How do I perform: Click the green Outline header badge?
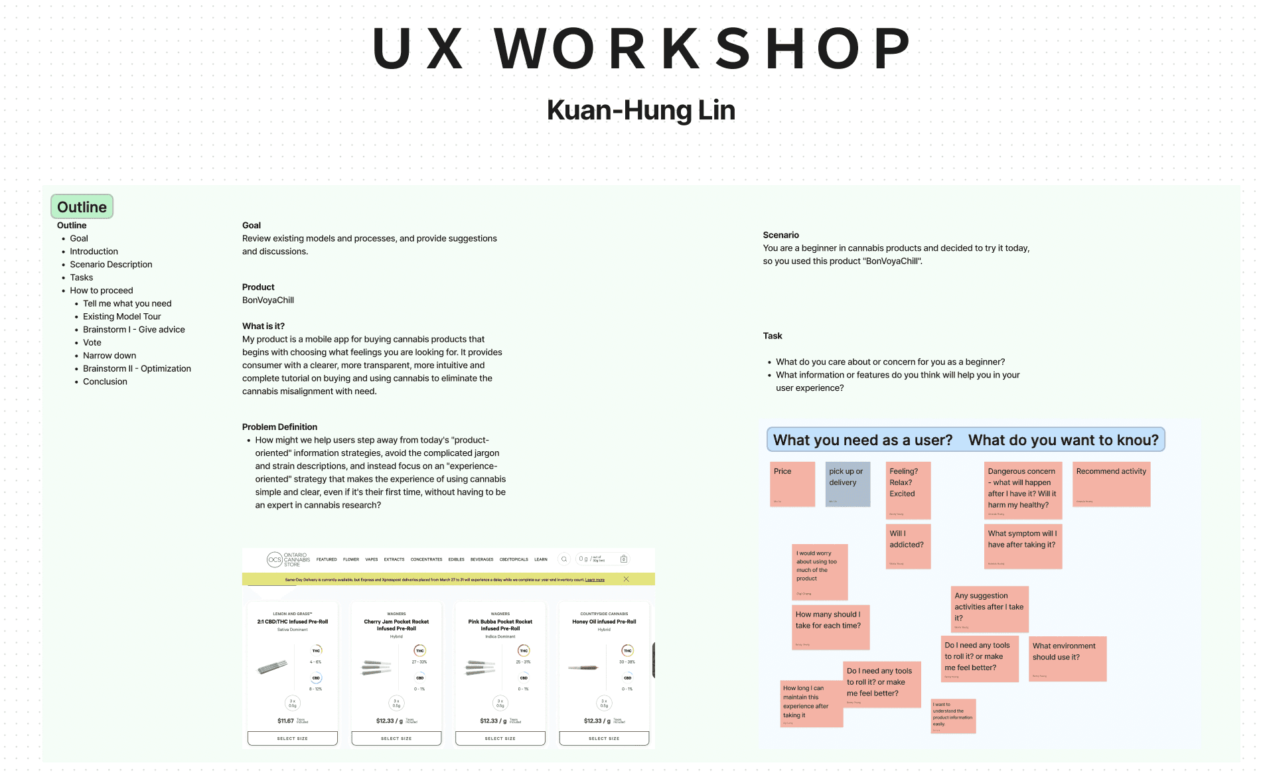82,207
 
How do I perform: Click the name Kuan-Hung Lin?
640,110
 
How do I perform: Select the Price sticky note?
792,484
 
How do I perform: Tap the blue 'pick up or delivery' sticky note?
848,484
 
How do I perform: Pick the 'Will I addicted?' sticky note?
908,546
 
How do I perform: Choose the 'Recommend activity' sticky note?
1111,484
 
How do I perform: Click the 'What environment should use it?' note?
1067,658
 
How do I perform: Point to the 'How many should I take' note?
830,626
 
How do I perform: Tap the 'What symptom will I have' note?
1022,546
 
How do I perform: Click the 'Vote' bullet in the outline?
92,342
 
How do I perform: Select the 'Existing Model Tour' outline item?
122,317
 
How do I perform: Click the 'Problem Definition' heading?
279,427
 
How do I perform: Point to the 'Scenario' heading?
780,235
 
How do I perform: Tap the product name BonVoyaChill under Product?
268,300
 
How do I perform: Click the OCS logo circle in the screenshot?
274,559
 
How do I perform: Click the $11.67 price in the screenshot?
285,721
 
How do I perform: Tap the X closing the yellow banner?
626,579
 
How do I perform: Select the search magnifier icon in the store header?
564,559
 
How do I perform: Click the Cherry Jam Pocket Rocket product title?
396,625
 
